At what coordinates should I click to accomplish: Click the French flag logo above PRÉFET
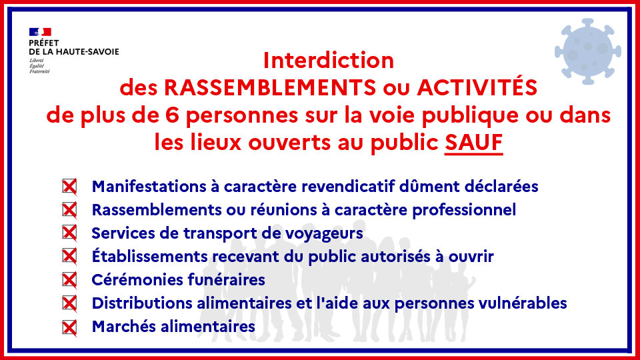tap(40, 32)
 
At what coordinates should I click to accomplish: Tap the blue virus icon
tap(588, 51)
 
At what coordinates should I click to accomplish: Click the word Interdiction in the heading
tap(329, 61)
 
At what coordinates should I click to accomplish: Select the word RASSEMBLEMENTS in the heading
tap(270, 87)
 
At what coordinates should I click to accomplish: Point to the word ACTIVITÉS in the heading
tap(477, 87)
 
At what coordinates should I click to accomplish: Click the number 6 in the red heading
tap(171, 115)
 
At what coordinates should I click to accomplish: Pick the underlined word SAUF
tap(473, 143)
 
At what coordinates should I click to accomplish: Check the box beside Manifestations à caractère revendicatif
tap(69, 187)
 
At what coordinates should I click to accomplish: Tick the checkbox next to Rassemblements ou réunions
tap(69, 210)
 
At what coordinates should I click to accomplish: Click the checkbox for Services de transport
tap(69, 233)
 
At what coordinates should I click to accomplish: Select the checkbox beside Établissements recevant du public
tap(69, 256)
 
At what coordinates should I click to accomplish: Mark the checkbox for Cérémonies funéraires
tap(69, 280)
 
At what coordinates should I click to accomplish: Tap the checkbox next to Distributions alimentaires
tap(69, 303)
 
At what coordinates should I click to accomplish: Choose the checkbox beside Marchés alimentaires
tap(69, 327)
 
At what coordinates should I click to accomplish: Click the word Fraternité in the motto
tap(39, 71)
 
